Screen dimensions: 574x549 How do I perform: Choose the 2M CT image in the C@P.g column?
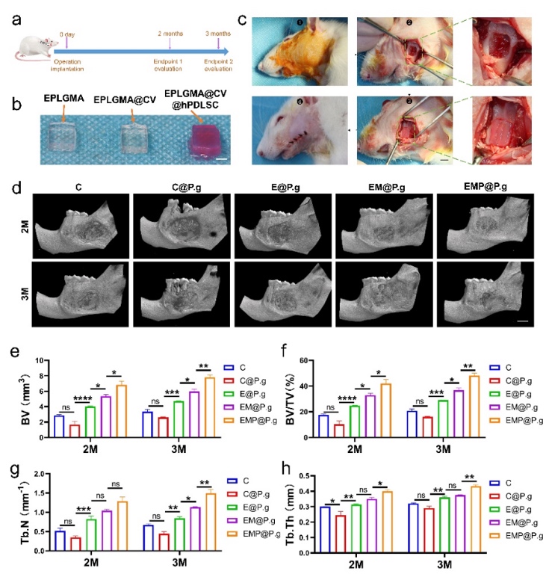182,224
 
